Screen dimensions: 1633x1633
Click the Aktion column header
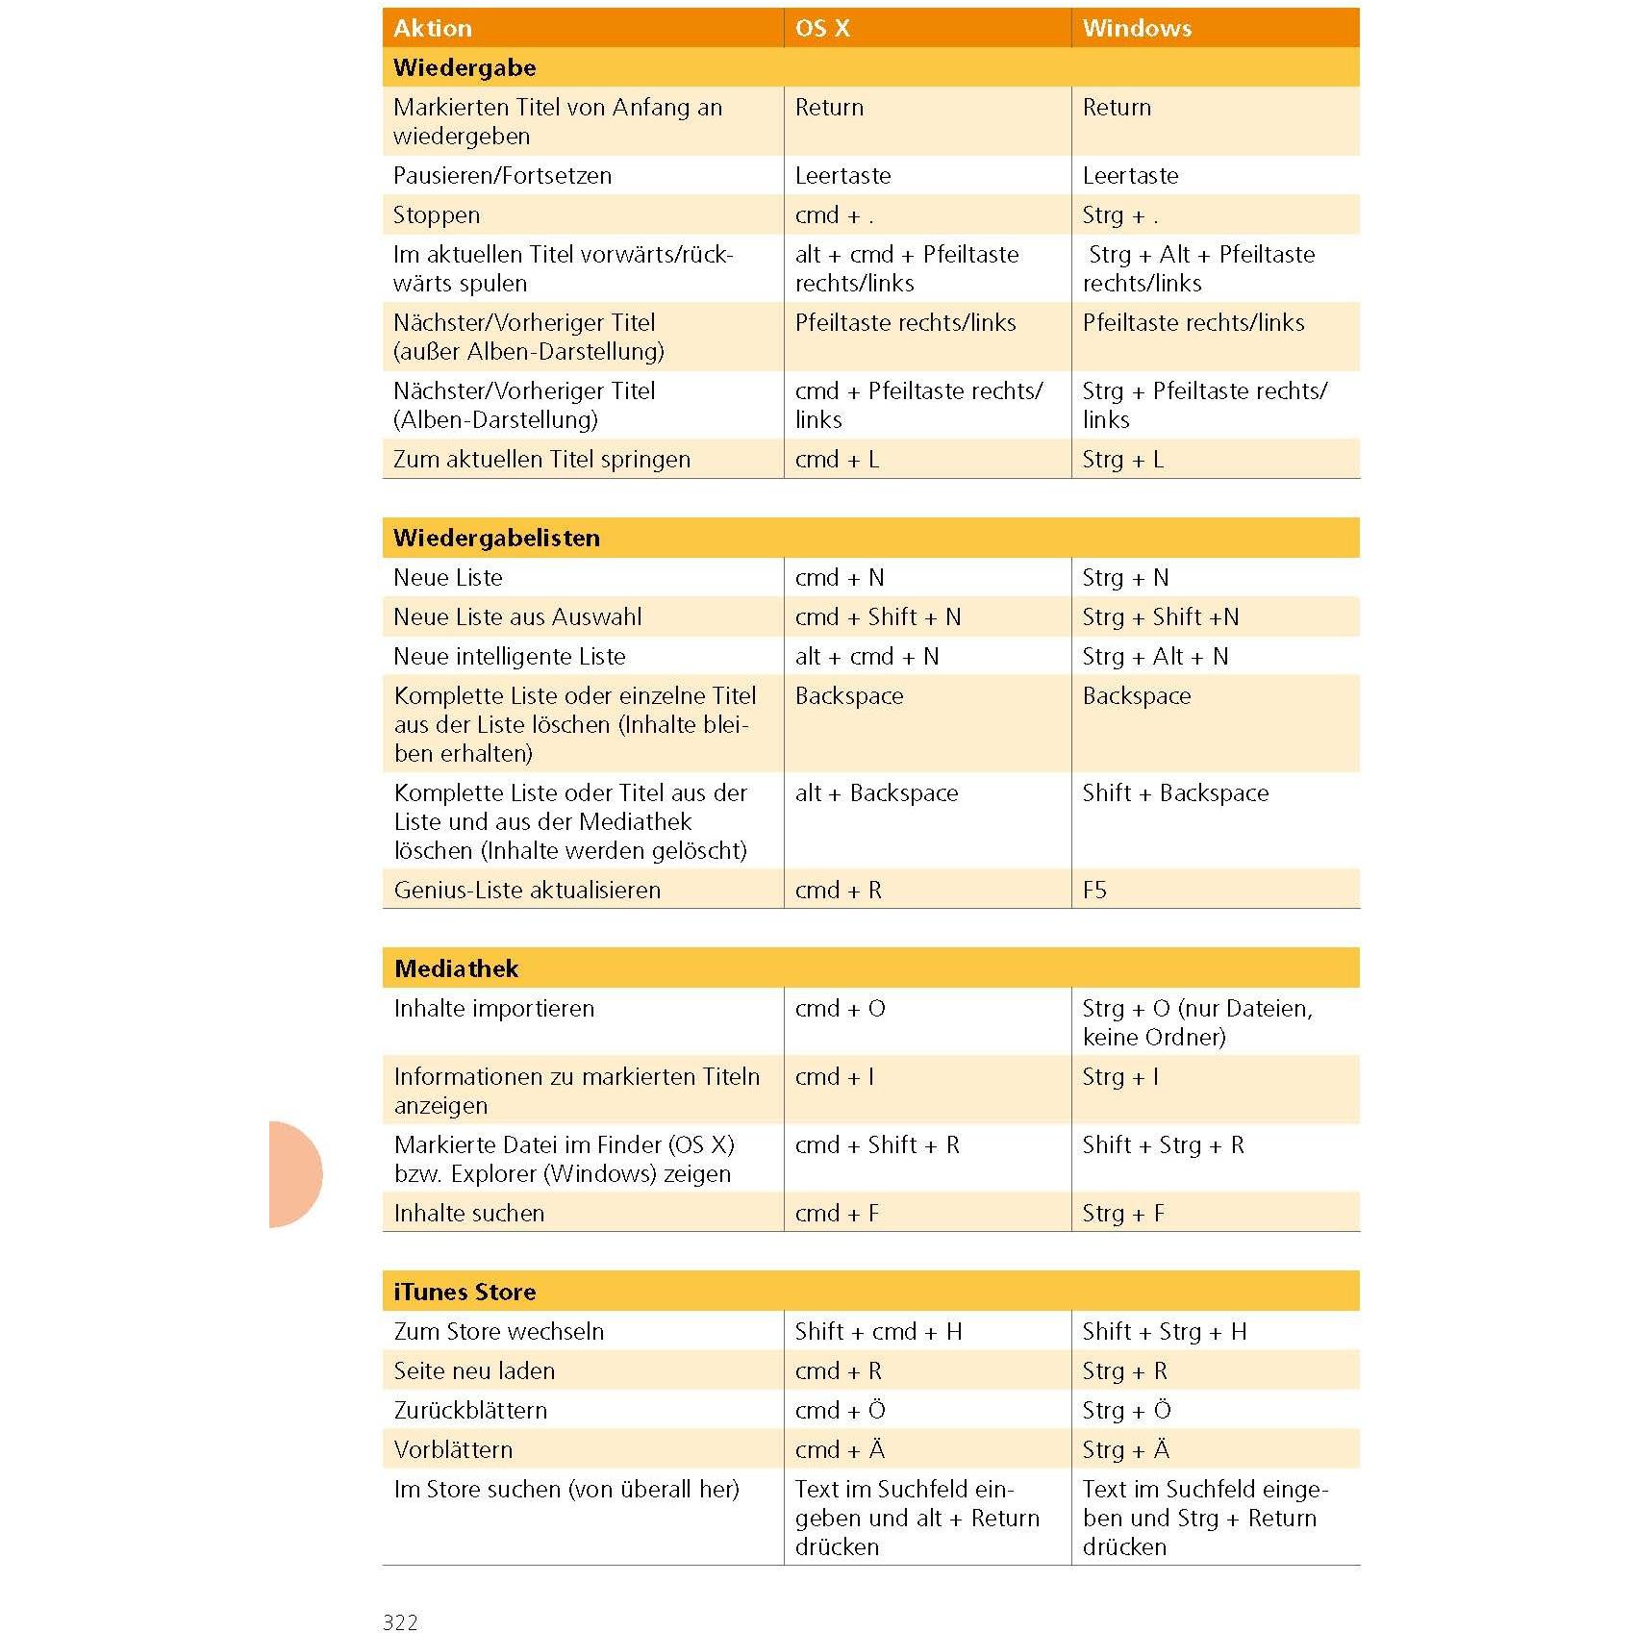coord(433,28)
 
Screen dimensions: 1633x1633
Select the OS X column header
coord(822,28)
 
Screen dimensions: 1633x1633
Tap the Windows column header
coord(1137,28)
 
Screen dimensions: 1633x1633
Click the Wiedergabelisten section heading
coord(496,538)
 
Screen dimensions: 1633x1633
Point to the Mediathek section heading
coord(456,968)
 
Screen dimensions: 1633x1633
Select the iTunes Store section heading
coord(465,1292)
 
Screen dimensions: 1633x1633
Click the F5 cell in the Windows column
coord(1094,890)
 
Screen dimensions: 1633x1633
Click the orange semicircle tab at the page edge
coord(293,1173)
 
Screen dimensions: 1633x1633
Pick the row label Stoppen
coord(437,214)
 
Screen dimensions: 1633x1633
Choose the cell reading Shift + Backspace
coord(1175,792)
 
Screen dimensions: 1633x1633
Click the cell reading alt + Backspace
coord(876,792)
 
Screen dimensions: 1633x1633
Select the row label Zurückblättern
coord(470,1410)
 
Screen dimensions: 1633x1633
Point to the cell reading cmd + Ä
coord(840,1449)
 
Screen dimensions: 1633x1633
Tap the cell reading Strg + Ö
coord(1126,1410)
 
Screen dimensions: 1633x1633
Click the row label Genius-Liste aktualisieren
coord(527,890)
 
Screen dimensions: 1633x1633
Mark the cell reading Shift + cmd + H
coord(878,1331)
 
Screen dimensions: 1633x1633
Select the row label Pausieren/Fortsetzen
coord(502,175)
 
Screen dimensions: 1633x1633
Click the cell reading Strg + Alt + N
coord(1155,656)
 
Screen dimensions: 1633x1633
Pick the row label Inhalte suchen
coord(469,1213)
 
